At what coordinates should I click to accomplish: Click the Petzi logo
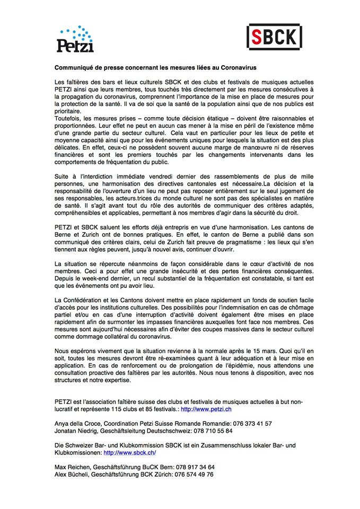click(76, 39)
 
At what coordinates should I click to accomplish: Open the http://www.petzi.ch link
click(206, 410)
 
